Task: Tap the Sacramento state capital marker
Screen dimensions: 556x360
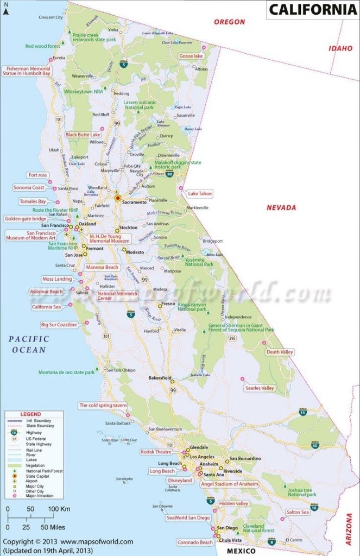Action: [117, 199]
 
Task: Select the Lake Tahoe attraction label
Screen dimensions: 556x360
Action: [200, 193]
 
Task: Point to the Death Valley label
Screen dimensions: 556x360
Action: [280, 352]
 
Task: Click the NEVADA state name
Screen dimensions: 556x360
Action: [281, 207]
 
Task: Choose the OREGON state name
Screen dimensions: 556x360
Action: [229, 22]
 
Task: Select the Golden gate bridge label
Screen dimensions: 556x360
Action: [26, 219]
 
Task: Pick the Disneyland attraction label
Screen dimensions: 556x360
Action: [180, 481]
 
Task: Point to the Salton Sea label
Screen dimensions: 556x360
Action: [298, 512]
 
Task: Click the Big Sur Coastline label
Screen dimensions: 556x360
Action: [59, 325]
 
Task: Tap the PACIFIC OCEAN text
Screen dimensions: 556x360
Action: [29, 344]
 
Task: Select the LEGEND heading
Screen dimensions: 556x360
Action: [30, 414]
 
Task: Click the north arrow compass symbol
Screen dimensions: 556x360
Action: [7, 12]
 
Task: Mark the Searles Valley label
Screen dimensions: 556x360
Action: [260, 388]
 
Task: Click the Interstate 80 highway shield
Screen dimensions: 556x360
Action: [170, 174]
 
